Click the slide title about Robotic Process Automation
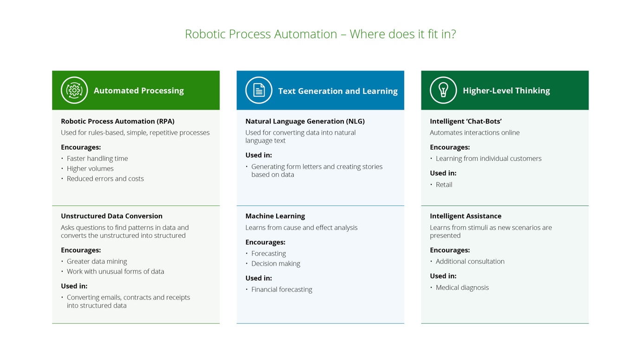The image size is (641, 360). tap(320, 34)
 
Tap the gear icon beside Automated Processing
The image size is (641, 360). tap(74, 90)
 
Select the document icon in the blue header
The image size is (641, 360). tap(259, 90)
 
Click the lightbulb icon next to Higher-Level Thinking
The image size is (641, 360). tap(443, 90)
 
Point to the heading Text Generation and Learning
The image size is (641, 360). tap(337, 91)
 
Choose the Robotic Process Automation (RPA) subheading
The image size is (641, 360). tap(117, 121)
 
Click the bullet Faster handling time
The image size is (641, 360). tap(97, 158)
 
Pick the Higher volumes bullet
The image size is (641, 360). tap(90, 169)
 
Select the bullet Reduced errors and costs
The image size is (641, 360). tap(105, 178)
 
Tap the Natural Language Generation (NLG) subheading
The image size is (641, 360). tap(305, 121)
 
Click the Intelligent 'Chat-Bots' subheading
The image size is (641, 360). tap(466, 121)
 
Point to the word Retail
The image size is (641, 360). tap(444, 184)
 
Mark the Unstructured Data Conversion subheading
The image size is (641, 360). tap(111, 216)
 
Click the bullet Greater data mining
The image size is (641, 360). tap(97, 262)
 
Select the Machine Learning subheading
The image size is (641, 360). tap(275, 216)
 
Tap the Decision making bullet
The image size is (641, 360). tap(276, 263)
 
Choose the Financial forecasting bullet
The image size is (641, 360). tap(281, 289)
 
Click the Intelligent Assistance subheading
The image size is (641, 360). tap(466, 216)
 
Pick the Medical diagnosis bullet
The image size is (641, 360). tap(462, 288)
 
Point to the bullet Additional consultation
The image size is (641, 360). tap(470, 262)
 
